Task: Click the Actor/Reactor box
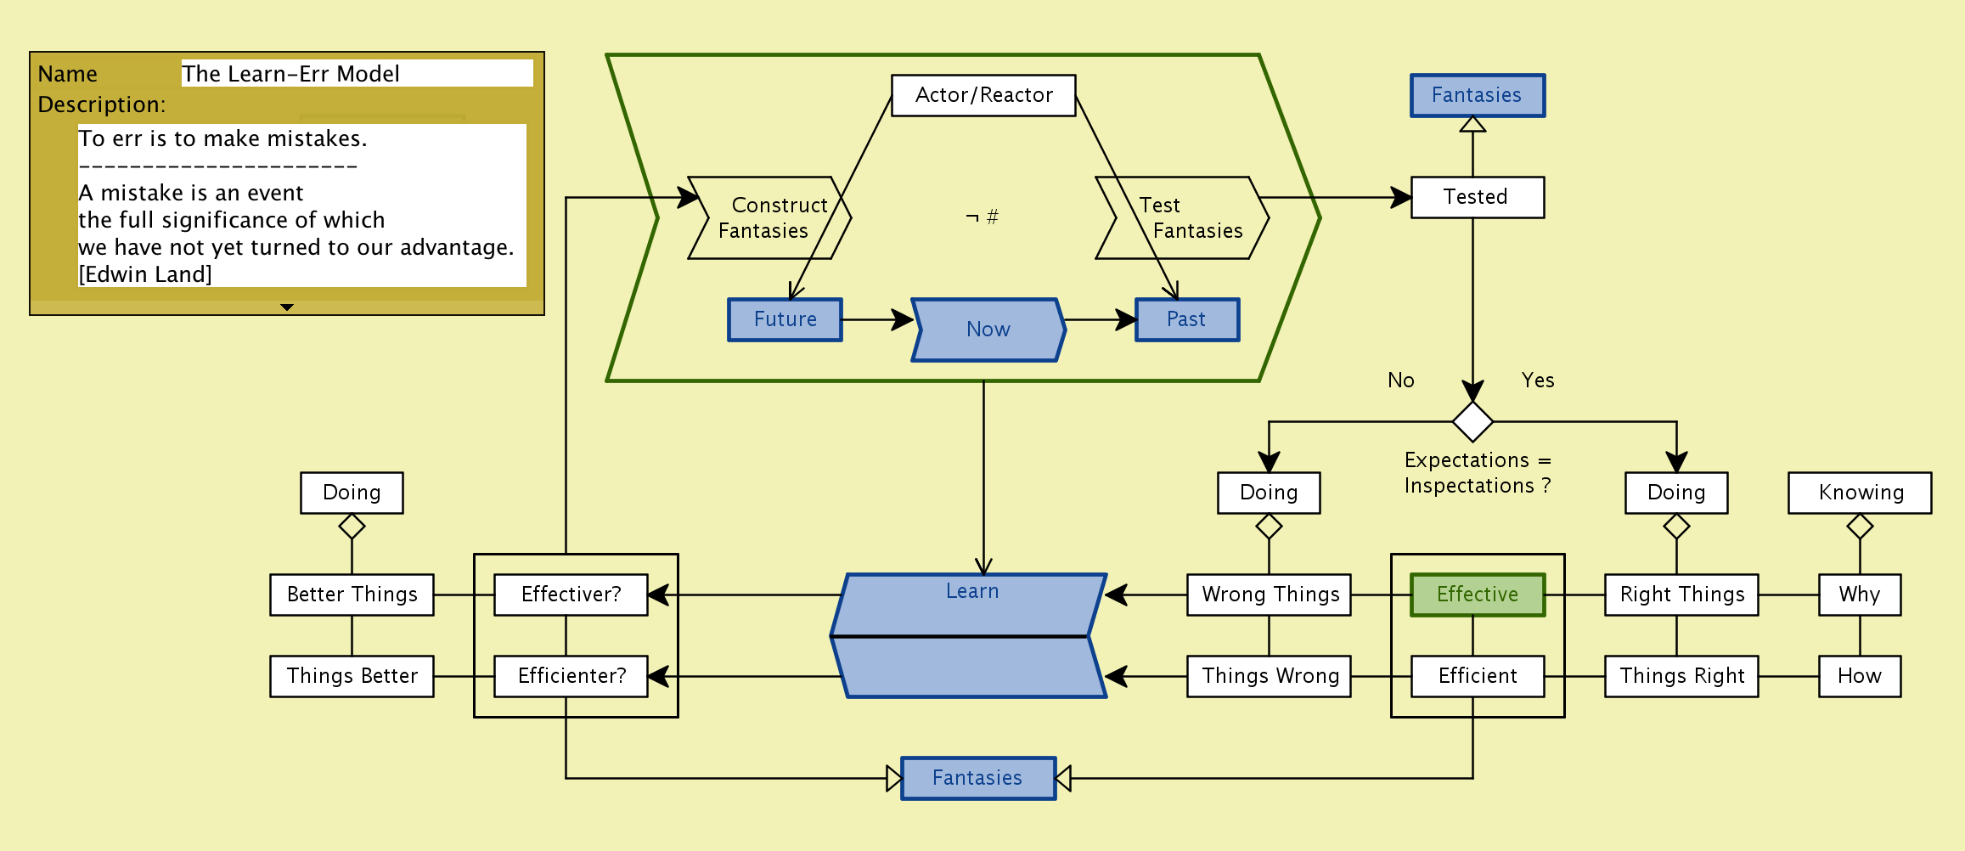pos(983,95)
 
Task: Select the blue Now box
pos(988,330)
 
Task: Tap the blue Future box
pos(785,319)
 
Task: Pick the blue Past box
pos(1186,319)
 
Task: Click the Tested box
pos(1477,197)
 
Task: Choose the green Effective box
pos(1477,595)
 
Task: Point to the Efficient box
pos(1477,676)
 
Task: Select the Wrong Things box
pos(1270,595)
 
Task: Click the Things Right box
pos(1681,676)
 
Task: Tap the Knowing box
pos(1860,493)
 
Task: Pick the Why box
pos(1860,595)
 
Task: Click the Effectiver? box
pos(571,595)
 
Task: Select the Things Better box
pos(352,676)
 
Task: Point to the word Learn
pos(972,591)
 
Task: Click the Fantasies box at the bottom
pos(978,778)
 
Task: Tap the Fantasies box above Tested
pos(1477,95)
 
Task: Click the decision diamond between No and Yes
pos(1472,421)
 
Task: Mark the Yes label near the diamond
pos(1538,380)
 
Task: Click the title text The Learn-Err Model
pos(290,74)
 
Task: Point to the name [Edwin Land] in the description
pos(145,274)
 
